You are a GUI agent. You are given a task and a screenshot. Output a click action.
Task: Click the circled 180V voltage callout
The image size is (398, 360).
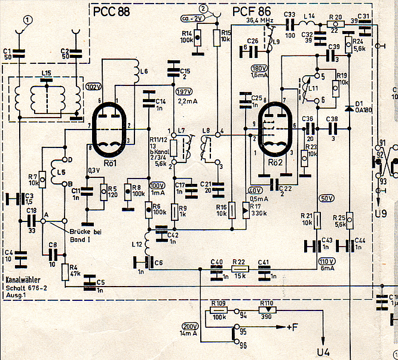point(259,67)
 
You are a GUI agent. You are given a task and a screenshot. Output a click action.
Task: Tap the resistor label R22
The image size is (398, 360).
point(238,262)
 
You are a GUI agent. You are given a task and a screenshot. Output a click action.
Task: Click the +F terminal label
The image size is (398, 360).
point(292,327)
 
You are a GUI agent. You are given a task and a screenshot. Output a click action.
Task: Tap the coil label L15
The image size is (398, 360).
point(46,73)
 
